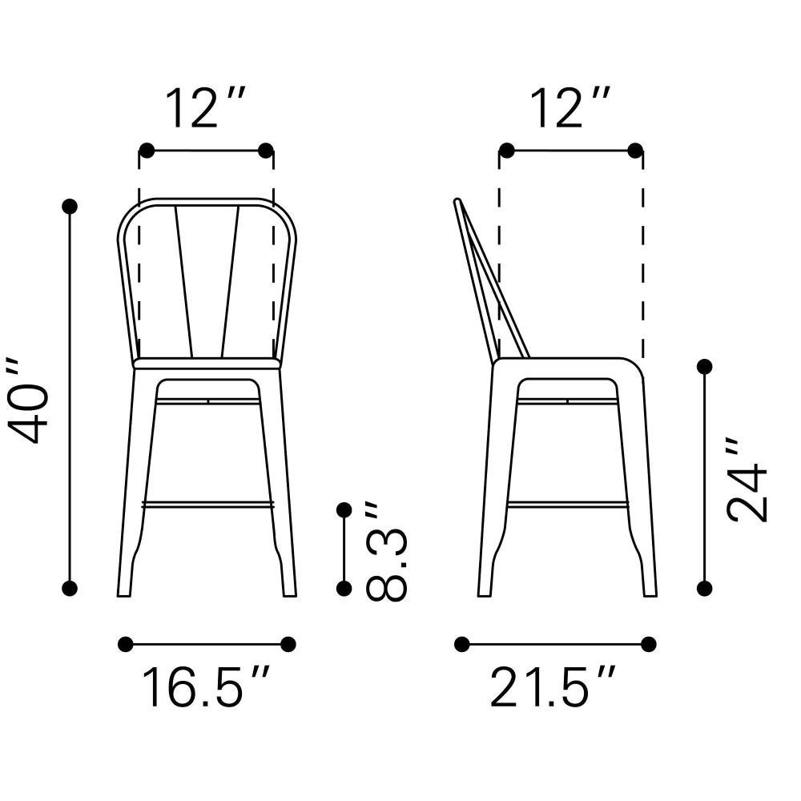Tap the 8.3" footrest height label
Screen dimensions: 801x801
[x=387, y=551]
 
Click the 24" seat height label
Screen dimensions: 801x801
[x=747, y=479]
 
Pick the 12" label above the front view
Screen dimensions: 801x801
[x=205, y=108]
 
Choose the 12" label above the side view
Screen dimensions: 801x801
[x=570, y=108]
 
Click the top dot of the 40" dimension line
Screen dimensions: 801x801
[x=70, y=207]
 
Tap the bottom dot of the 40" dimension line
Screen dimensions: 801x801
[x=70, y=588]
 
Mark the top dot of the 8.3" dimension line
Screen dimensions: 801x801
[x=344, y=509]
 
